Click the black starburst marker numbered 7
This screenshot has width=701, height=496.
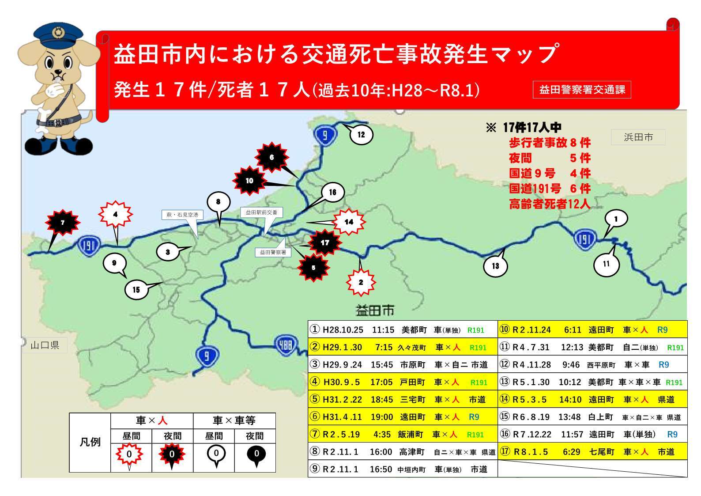click(63, 223)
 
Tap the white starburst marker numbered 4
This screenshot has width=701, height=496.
click(115, 215)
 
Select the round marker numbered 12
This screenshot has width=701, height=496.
click(361, 135)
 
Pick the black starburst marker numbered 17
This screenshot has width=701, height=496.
click(325, 242)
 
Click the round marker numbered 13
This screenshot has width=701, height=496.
click(495, 266)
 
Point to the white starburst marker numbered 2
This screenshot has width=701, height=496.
click(361, 282)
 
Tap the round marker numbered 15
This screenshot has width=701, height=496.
click(136, 290)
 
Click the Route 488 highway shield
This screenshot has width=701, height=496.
click(286, 344)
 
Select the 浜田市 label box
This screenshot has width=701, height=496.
click(638, 137)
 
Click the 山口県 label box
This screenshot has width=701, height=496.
click(45, 345)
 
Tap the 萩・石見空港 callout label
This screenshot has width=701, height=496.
click(182, 215)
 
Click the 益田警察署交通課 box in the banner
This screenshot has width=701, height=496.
click(582, 90)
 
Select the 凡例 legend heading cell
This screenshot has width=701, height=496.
click(90, 442)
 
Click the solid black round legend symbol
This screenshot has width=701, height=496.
click(256, 454)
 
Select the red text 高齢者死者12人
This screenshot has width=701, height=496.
click(549, 204)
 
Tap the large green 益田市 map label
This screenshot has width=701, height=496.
click(375, 310)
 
